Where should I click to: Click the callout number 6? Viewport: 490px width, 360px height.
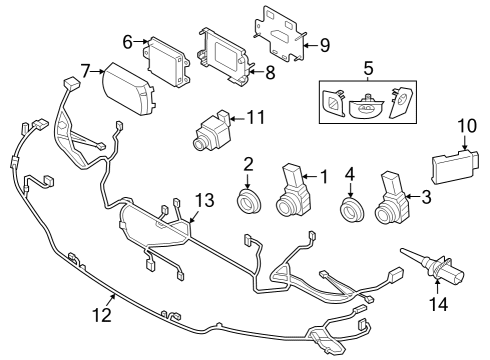click(128, 41)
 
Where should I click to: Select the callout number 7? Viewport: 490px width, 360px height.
click(86, 71)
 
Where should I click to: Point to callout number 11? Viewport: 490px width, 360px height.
click(256, 119)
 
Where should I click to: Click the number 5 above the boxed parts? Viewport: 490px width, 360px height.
click(368, 69)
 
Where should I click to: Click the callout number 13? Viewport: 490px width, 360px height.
click(204, 200)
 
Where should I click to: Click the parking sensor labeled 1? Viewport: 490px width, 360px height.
click(293, 191)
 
